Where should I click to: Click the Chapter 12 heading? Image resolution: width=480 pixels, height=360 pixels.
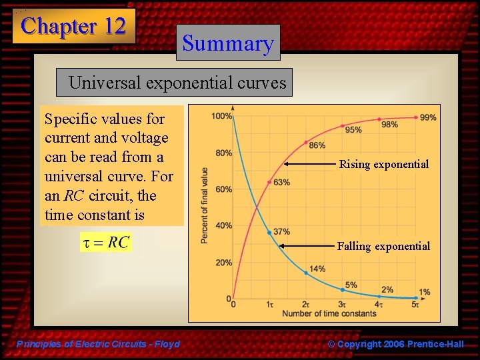pyautogui.click(x=73, y=26)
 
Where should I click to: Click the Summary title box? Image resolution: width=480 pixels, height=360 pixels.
pyautogui.click(x=228, y=43)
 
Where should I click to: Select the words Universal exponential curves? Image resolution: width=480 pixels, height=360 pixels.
pyautogui.click(x=177, y=83)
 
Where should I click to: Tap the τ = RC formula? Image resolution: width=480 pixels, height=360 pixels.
pyautogui.click(x=106, y=242)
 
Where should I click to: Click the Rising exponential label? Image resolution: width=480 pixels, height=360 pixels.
pyautogui.click(x=383, y=164)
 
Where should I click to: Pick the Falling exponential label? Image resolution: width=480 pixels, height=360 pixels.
pyautogui.click(x=383, y=246)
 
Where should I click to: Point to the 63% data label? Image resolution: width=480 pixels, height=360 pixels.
pyautogui.click(x=281, y=183)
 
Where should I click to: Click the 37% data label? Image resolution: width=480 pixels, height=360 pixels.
pyautogui.click(x=281, y=231)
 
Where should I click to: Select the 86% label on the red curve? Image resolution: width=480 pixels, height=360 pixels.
pyautogui.click(x=317, y=146)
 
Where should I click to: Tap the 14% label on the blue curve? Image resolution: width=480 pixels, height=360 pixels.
pyautogui.click(x=317, y=269)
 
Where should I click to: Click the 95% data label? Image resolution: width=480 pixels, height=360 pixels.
pyautogui.click(x=353, y=130)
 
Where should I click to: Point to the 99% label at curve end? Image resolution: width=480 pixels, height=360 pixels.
pyautogui.click(x=429, y=117)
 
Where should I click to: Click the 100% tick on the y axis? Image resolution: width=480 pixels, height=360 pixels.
pyautogui.click(x=221, y=117)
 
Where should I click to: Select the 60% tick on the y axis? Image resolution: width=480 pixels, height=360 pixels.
pyautogui.click(x=223, y=189)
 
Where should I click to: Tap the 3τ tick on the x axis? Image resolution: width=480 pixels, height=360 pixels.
pyautogui.click(x=342, y=305)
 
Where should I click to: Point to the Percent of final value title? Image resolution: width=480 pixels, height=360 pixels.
pyautogui.click(x=205, y=205)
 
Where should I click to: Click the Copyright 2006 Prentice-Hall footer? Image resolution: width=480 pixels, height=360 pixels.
pyautogui.click(x=395, y=344)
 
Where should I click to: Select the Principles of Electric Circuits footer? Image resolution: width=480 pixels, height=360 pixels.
pyautogui.click(x=98, y=344)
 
